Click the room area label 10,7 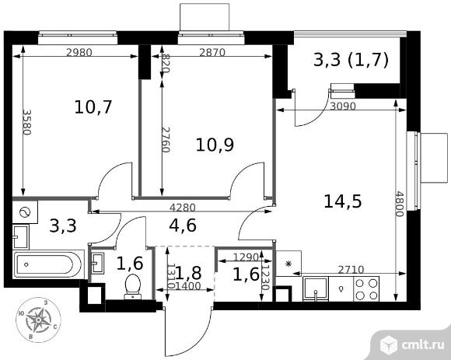93,107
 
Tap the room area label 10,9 215,145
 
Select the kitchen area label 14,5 343,201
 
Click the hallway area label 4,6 183,225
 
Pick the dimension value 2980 79,52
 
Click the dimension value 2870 212,52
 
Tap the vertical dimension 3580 27,122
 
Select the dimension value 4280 183,207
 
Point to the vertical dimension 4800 400,204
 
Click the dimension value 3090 343,106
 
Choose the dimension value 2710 351,270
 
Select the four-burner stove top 366,289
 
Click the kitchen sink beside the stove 316,289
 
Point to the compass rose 38,320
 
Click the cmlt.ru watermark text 422,344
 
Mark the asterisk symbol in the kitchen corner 288,264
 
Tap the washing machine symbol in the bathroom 25,212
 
